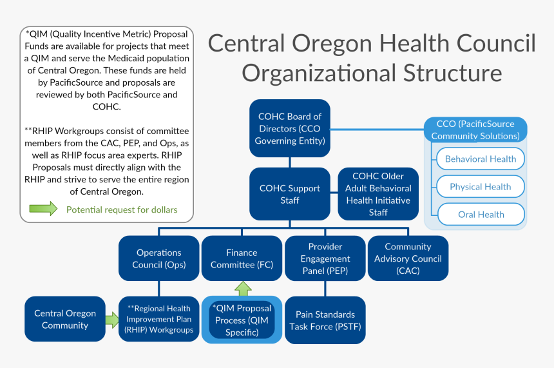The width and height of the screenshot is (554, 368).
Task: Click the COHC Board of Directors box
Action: point(290,129)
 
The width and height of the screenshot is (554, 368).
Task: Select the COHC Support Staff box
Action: point(290,194)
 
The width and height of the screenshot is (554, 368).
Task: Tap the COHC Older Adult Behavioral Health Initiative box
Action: point(378,194)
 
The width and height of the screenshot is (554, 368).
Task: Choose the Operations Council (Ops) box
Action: point(158,258)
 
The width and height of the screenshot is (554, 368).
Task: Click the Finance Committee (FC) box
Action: point(242,258)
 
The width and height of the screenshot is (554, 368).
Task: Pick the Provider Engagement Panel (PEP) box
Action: point(325,258)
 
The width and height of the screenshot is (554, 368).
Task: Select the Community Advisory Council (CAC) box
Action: point(408,258)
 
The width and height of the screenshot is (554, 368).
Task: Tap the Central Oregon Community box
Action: point(64,319)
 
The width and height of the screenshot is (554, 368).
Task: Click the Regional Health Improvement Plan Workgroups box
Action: point(160,319)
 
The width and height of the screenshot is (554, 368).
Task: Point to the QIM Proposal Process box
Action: point(242,320)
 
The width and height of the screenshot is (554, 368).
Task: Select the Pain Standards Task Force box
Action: point(325,320)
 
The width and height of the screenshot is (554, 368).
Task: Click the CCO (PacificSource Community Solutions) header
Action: point(475,130)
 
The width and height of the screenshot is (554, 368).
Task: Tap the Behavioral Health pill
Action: point(481,159)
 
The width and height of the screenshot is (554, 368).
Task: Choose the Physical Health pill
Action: point(481,187)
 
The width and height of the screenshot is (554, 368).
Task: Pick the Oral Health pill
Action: point(481,215)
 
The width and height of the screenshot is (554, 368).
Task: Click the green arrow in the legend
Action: point(44,209)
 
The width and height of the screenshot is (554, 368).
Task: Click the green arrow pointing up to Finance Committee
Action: point(242,289)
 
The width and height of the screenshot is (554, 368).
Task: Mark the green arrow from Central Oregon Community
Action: point(112,318)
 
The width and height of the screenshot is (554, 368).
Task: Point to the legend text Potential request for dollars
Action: point(122,209)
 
